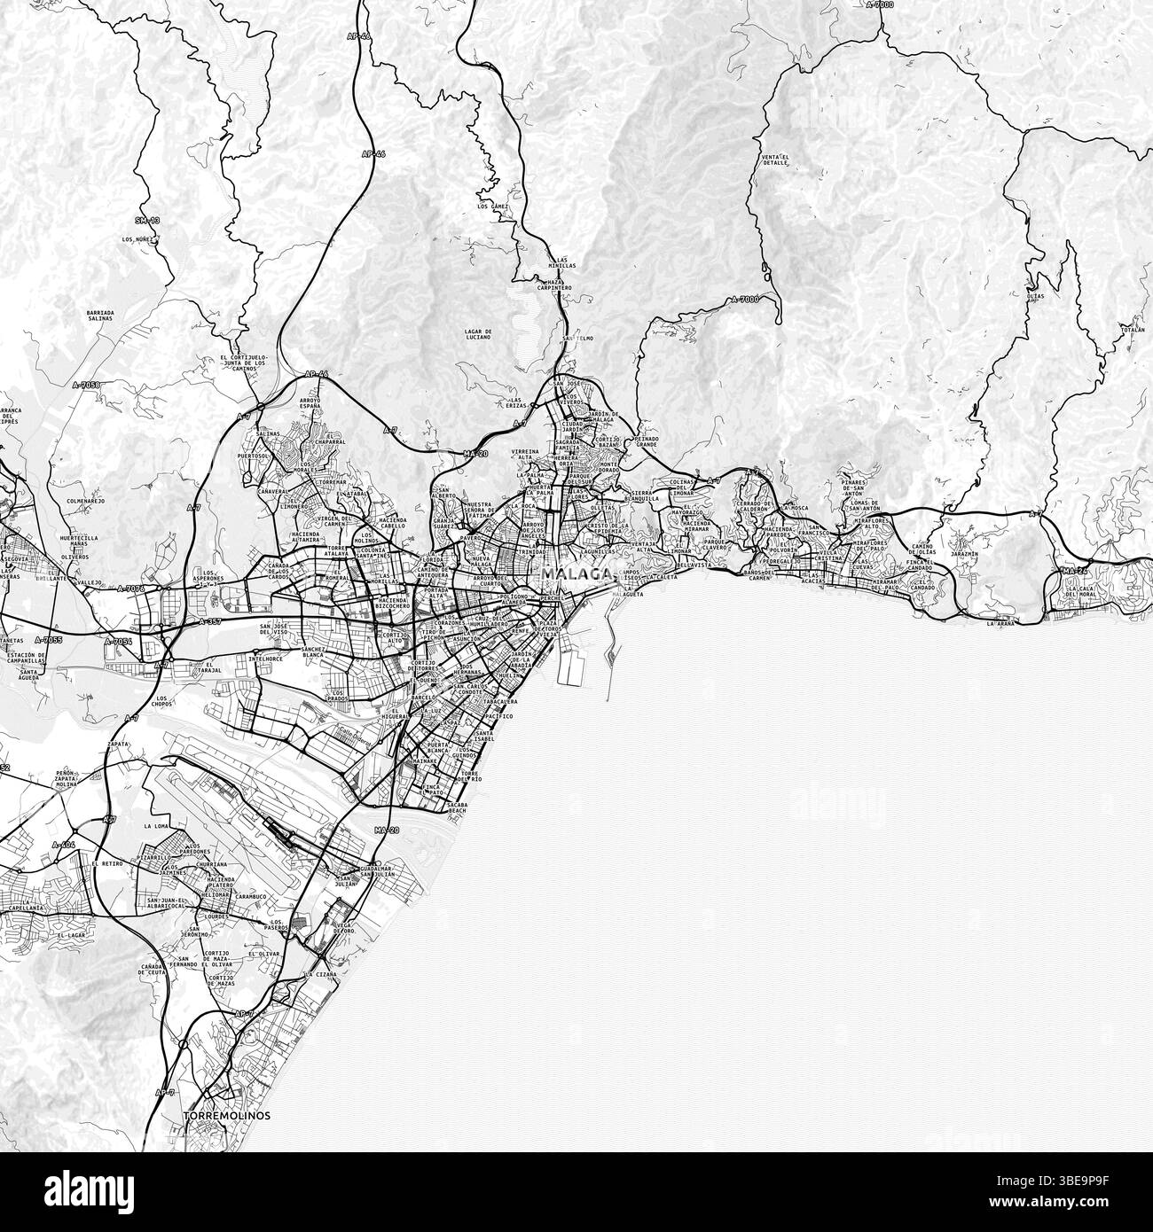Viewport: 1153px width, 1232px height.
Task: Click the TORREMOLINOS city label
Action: coord(226,1114)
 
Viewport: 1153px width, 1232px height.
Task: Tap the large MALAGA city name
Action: coord(576,573)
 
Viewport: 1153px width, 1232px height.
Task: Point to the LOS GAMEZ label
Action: coord(490,206)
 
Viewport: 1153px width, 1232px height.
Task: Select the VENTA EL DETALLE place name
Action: coord(774,160)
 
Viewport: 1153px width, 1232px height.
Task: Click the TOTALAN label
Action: coord(1133,329)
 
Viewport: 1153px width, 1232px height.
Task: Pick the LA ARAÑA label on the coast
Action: coord(1000,623)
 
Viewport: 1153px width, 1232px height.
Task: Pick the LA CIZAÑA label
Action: coord(318,974)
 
